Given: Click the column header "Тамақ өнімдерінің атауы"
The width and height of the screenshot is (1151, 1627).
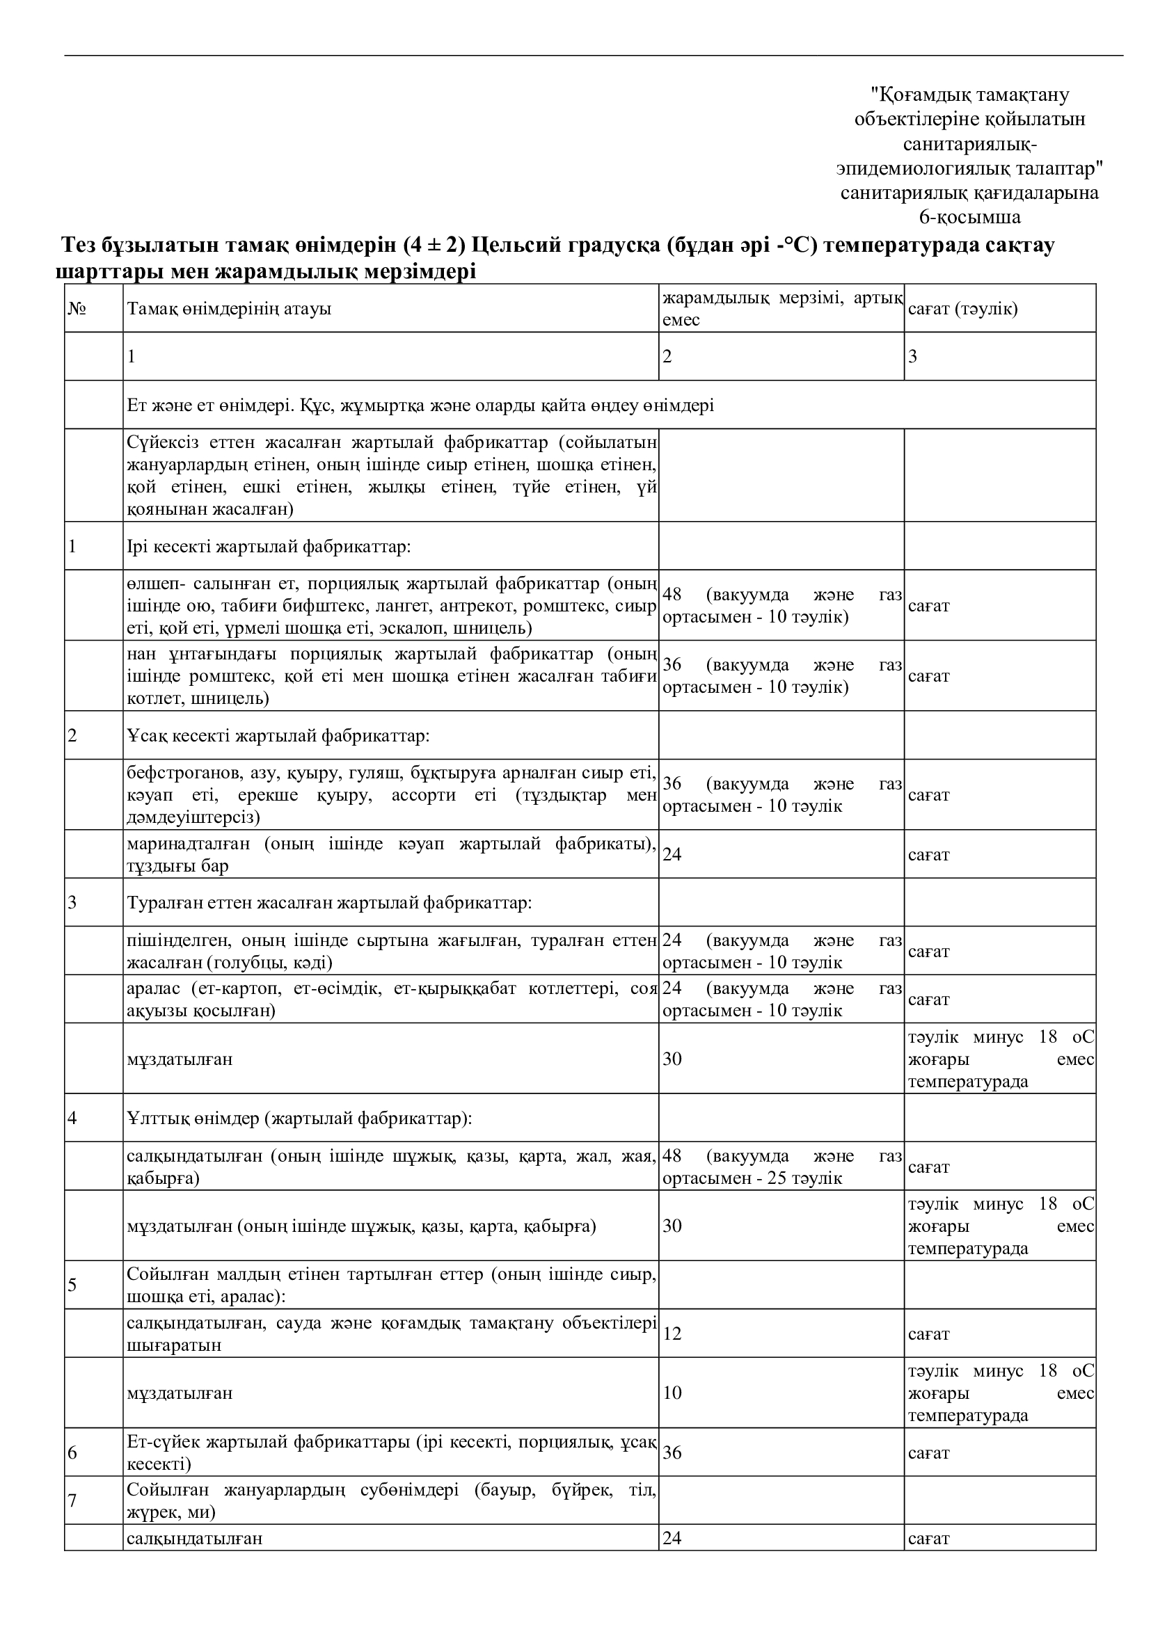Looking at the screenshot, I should (229, 309).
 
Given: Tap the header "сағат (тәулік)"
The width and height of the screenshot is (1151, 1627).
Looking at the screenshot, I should (962, 309).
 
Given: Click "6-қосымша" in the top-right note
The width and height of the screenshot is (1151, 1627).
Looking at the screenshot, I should (969, 217).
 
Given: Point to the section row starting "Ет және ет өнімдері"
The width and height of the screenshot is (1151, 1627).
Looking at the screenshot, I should (420, 406).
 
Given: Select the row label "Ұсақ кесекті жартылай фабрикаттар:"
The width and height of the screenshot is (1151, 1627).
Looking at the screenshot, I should (278, 735).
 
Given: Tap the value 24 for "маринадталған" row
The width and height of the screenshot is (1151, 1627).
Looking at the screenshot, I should (672, 855).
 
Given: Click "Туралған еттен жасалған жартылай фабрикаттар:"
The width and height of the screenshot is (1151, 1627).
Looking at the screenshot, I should (330, 903).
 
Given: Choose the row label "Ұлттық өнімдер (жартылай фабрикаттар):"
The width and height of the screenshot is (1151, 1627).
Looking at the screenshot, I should (299, 1119).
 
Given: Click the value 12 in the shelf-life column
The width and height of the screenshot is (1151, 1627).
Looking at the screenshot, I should (672, 1333).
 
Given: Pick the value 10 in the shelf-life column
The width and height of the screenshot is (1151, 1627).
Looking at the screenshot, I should (672, 1393).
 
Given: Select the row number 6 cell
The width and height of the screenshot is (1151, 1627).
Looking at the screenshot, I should (72, 1452).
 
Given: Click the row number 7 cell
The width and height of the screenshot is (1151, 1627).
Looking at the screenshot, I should (72, 1501).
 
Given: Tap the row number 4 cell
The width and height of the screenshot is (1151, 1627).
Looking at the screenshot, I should (72, 1119).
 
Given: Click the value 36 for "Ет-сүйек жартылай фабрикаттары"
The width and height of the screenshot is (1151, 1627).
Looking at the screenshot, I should (672, 1452).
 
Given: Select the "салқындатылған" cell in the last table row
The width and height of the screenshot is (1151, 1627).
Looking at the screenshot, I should (195, 1539).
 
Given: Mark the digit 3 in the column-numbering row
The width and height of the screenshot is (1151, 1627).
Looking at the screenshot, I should (913, 356).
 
